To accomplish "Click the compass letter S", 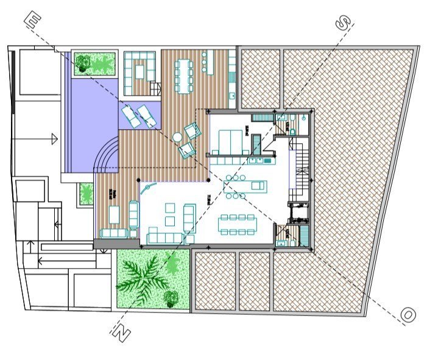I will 344,23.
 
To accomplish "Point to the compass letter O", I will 408,315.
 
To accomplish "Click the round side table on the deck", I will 177,138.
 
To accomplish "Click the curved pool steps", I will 107,155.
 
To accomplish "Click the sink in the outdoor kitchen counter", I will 232,96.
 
